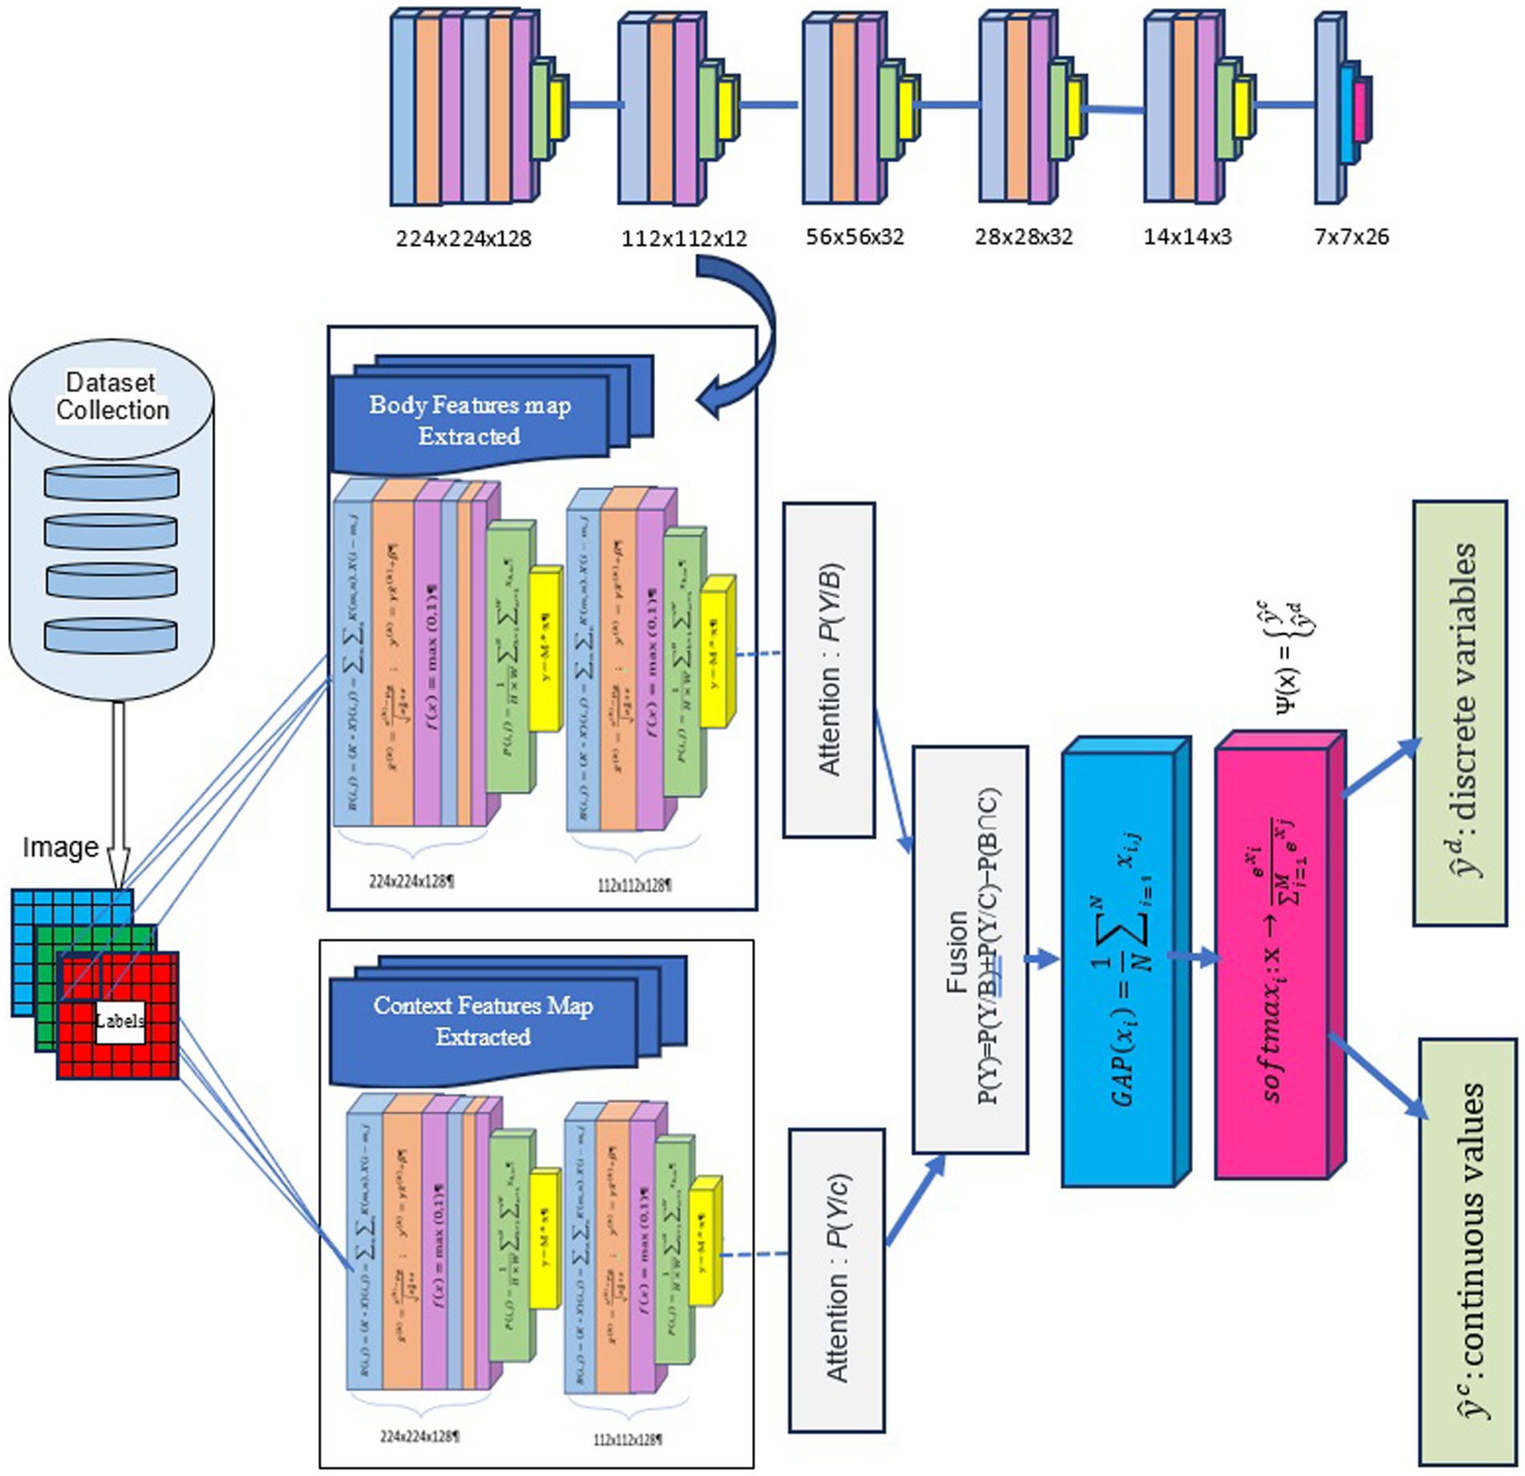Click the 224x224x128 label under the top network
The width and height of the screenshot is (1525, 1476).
tap(463, 238)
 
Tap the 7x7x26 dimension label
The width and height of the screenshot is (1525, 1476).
tap(1351, 237)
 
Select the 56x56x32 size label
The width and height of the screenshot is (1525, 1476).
tap(855, 237)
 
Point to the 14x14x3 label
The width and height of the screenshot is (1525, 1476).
tap(1187, 237)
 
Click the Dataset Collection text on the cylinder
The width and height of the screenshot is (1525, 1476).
tap(111, 396)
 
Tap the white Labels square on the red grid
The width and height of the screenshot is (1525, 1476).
tap(120, 1021)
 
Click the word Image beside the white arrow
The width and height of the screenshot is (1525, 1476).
tap(60, 847)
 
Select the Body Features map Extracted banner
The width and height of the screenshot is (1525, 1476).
tap(470, 420)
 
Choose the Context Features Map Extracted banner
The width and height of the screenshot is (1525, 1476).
tap(483, 1021)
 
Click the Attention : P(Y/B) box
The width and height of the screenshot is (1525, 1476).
tap(828, 669)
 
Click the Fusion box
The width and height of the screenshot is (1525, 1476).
tap(969, 950)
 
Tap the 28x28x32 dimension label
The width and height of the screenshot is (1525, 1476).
tap(1023, 237)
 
